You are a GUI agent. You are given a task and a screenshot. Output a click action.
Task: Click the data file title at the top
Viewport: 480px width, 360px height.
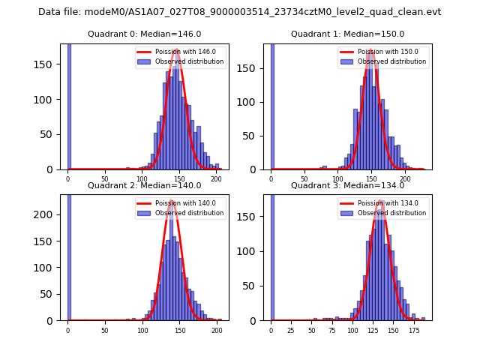[240, 12]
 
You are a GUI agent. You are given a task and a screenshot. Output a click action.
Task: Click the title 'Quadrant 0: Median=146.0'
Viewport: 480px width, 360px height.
[144, 34]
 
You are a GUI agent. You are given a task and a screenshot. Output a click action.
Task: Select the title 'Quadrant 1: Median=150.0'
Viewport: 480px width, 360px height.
[347, 34]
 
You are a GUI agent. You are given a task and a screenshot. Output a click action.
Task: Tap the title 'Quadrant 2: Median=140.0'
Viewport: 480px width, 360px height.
[144, 185]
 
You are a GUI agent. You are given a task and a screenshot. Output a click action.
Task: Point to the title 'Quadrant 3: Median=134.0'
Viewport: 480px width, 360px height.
[347, 185]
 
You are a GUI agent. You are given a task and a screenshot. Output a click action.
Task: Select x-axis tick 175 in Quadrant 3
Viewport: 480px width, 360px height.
[413, 330]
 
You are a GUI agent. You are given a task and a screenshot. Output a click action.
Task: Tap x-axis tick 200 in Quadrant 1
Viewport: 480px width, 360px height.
[406, 178]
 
